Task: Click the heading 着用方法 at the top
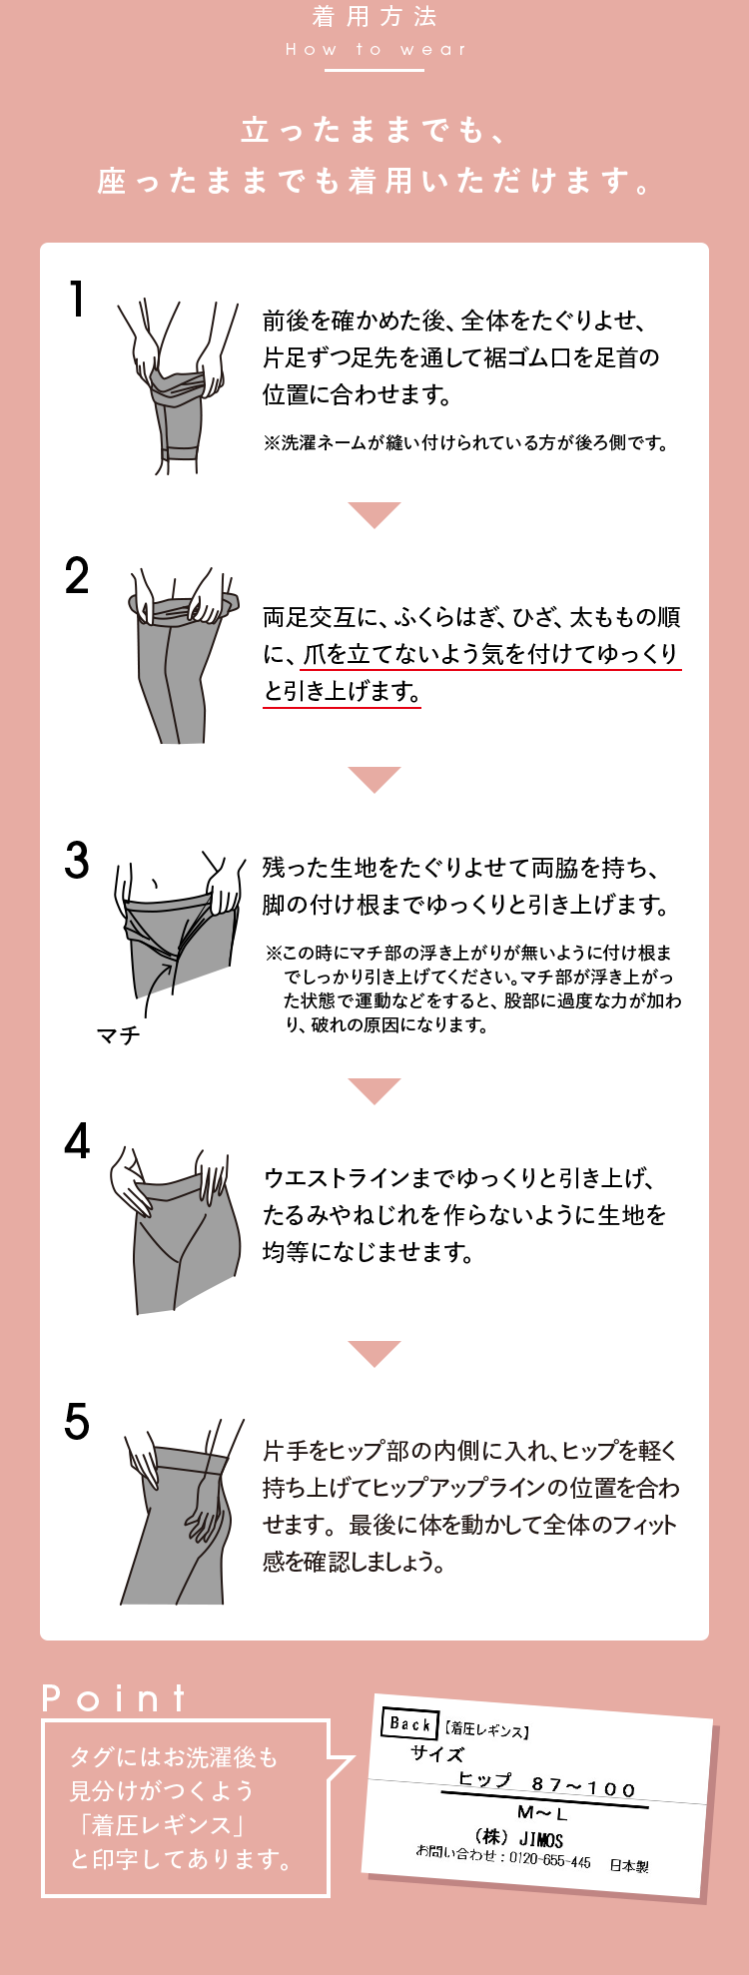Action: click(x=374, y=17)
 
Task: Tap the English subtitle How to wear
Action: click(x=375, y=49)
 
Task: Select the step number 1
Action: click(x=77, y=300)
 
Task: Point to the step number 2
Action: click(x=77, y=576)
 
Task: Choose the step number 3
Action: click(x=77, y=861)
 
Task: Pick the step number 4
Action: click(x=77, y=1141)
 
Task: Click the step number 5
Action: click(x=77, y=1422)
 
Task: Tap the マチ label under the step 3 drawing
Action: click(x=118, y=1035)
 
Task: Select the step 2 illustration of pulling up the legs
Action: click(x=185, y=655)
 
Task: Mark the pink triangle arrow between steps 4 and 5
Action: click(x=374, y=1354)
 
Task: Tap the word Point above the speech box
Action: click(x=114, y=1698)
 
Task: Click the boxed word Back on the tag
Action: click(x=409, y=1723)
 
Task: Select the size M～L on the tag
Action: click(x=542, y=1812)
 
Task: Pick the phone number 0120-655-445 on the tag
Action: click(x=550, y=1860)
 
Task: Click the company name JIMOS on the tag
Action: click(x=541, y=1839)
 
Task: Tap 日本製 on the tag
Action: click(x=629, y=1865)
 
